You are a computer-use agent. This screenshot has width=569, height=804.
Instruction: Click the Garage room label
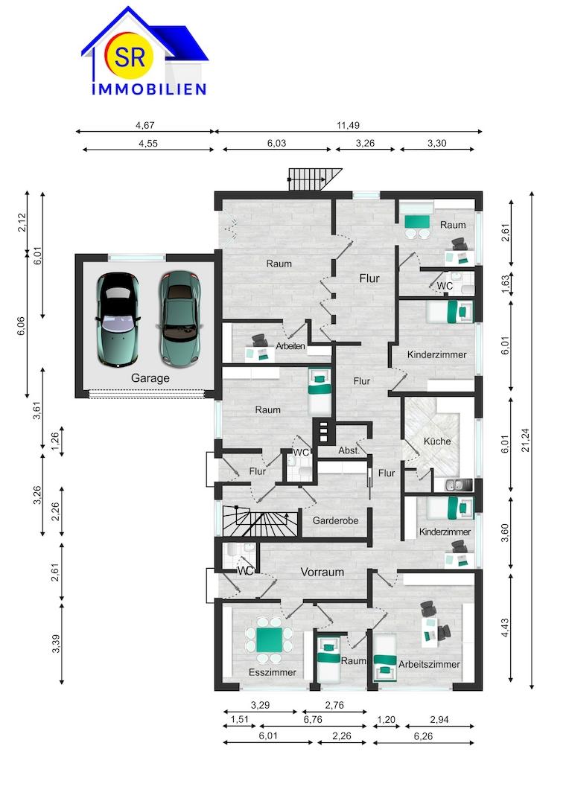pos(150,378)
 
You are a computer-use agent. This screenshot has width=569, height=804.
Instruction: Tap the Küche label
pos(437,441)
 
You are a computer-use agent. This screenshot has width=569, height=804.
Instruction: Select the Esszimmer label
pos(273,672)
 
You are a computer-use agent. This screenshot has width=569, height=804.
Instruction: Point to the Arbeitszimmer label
pos(429,664)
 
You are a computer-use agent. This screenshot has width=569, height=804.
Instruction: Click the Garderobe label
pos(336,520)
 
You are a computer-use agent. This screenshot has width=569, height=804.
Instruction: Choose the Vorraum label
pos(322,572)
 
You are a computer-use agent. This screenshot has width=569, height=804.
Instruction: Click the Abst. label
pos(349,450)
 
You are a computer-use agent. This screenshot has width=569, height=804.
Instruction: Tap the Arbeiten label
pos(290,346)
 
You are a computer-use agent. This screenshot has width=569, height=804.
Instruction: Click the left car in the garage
pos(118,319)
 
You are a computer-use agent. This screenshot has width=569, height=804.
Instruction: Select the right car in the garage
pos(179,319)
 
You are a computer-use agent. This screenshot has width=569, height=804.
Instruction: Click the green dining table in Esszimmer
pos(270,640)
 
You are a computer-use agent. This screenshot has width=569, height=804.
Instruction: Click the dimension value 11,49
pos(348,125)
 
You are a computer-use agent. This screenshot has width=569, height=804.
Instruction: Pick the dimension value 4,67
pos(144,125)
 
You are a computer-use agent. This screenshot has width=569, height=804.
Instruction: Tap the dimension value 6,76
pos(313,720)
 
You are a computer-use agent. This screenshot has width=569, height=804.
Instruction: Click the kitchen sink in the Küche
pos(453,485)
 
